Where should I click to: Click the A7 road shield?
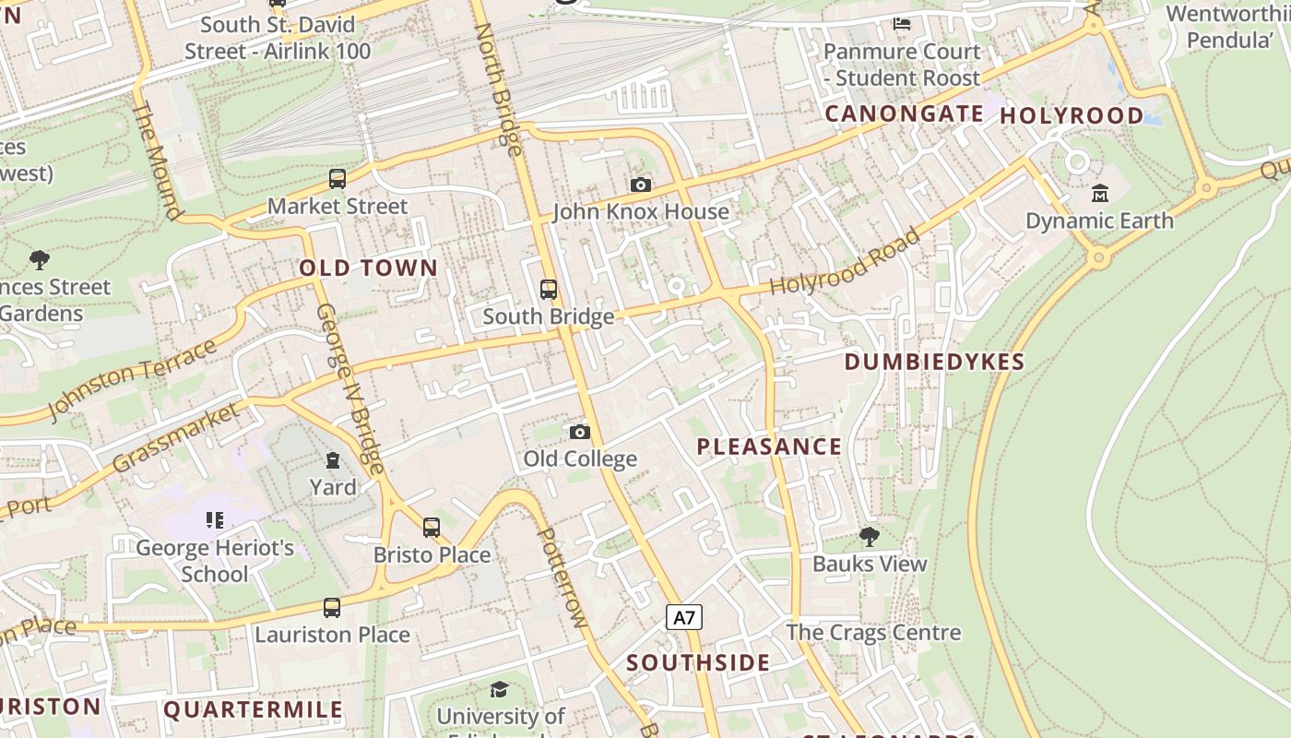point(683,617)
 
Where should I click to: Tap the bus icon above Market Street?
point(338,179)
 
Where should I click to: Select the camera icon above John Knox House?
point(641,185)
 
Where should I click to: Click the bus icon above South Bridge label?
point(549,290)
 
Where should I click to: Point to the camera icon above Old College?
point(579,432)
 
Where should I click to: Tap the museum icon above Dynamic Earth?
point(1100,194)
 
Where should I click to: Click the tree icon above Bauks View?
point(869,536)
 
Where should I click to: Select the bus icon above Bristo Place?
point(432,528)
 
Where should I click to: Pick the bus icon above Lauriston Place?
point(332,608)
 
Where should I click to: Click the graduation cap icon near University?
point(499,690)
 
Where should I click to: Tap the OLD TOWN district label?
point(369,268)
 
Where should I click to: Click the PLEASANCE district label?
point(769,447)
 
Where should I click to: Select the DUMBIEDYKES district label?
point(934,362)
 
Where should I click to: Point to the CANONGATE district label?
point(905,114)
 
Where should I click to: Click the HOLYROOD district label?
point(1072,116)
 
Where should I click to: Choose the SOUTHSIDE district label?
point(698,663)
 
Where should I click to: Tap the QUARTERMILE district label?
point(254,710)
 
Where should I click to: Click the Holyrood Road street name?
point(846,263)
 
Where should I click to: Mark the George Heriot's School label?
point(215,561)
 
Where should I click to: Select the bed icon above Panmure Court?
point(902,23)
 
